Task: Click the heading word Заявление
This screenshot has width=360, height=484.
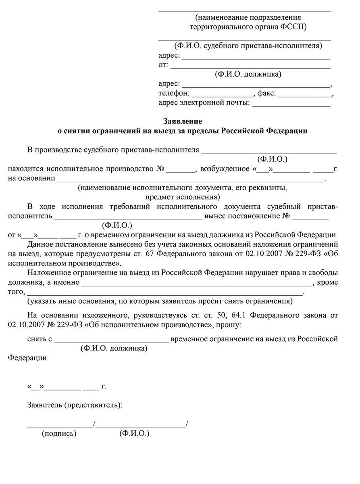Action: (x=182, y=121)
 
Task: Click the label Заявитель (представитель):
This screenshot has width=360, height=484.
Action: (x=75, y=404)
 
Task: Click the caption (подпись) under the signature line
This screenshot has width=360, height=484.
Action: (x=59, y=434)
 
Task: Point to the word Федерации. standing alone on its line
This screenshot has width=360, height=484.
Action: (x=28, y=358)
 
